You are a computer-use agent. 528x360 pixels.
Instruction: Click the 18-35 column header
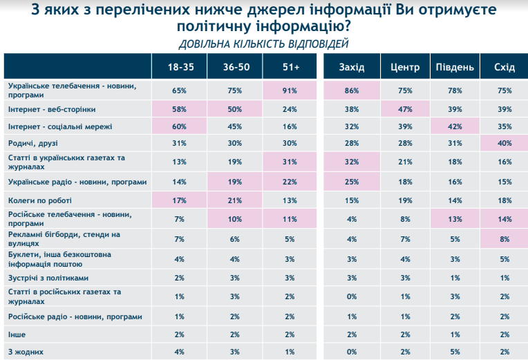[x=180, y=67]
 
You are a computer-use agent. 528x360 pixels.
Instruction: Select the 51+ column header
[x=290, y=67]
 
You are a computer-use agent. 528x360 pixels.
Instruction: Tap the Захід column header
[x=352, y=67]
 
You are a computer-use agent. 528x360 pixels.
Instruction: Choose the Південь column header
[x=454, y=67]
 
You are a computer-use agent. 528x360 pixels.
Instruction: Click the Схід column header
[x=505, y=67]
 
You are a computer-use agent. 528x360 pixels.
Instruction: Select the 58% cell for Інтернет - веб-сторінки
[x=180, y=108]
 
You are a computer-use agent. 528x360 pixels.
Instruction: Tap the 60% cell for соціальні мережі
[x=180, y=126]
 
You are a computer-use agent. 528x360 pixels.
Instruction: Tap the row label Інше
[x=17, y=334]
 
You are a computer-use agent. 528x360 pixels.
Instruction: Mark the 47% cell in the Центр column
[x=405, y=108]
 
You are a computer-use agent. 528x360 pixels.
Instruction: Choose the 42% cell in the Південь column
[x=454, y=126]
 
